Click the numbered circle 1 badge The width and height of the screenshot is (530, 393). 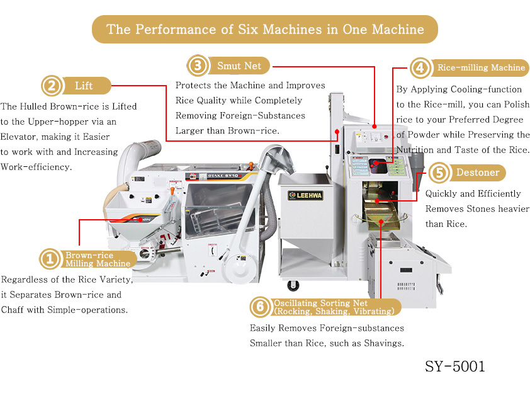tap(50, 259)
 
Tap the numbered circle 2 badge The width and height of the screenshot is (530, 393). tap(52, 86)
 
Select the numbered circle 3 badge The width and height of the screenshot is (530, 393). tap(198, 65)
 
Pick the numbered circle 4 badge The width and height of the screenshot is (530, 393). tap(420, 67)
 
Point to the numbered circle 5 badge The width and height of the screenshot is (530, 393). tap(439, 173)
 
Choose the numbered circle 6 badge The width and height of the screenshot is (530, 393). tap(260, 307)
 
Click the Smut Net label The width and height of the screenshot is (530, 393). tap(239, 65)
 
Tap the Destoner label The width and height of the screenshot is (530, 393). tap(478, 173)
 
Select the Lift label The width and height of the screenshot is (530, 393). tap(84, 86)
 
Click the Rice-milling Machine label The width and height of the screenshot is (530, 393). tap(481, 67)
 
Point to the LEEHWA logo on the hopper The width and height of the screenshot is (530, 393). tap(305, 195)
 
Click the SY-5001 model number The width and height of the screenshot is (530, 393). tap(454, 367)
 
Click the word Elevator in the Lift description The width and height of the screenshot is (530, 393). tap(16, 137)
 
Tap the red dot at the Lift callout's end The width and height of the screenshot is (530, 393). tap(337, 132)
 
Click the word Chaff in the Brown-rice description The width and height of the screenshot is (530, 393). tap(13, 310)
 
